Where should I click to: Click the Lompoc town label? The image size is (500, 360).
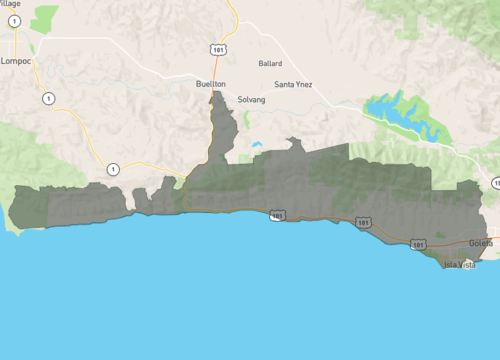18,61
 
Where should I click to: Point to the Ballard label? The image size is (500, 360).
270,63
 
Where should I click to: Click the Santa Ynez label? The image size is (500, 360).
293,84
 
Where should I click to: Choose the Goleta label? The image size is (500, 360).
482,243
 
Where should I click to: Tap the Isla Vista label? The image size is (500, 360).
459,264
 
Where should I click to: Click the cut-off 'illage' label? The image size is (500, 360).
10,4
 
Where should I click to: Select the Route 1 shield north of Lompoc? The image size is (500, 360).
14,21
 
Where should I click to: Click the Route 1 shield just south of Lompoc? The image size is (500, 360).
47,98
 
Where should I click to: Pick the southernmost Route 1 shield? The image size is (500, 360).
114,168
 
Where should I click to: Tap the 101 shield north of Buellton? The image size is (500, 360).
218,47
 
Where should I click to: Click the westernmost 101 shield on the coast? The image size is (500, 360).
276,215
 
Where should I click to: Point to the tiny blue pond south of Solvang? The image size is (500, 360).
257,145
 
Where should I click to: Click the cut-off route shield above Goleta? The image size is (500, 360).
496,183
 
